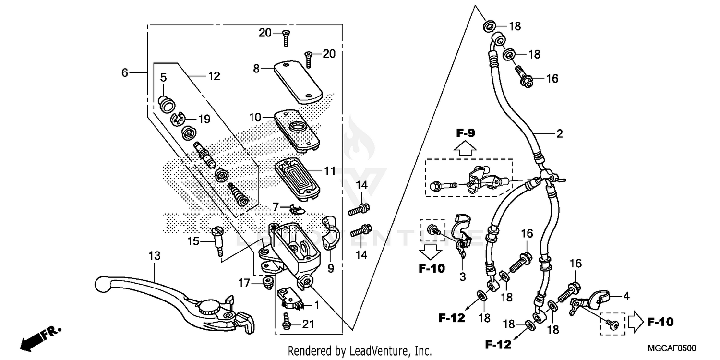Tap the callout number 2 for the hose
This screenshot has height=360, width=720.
click(x=559, y=134)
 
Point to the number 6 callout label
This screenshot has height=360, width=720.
click(x=125, y=73)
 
